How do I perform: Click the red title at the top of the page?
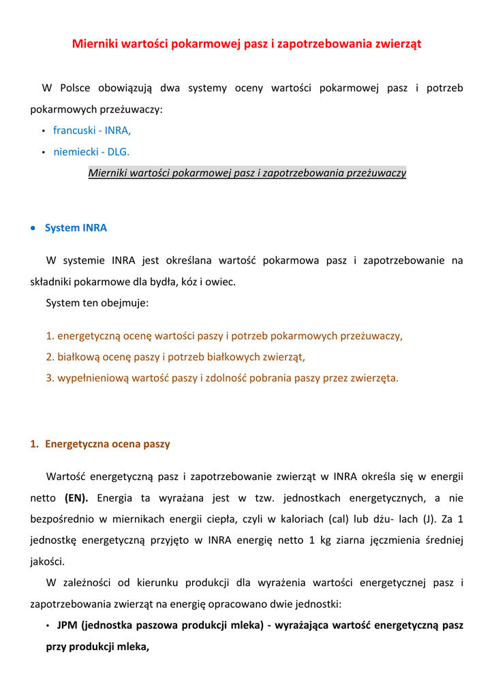point(247,44)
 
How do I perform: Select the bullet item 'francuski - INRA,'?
point(92,130)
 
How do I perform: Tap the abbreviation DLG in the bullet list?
point(118,152)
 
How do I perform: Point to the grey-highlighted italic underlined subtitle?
point(247,173)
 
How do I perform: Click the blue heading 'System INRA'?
point(76,228)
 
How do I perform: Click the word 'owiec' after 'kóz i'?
point(220,282)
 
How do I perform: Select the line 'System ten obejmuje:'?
point(97,303)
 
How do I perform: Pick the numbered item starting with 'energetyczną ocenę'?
point(224,336)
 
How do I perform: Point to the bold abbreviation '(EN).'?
point(76,498)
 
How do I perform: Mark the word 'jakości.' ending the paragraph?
point(47,562)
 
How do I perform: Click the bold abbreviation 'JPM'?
point(67,625)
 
